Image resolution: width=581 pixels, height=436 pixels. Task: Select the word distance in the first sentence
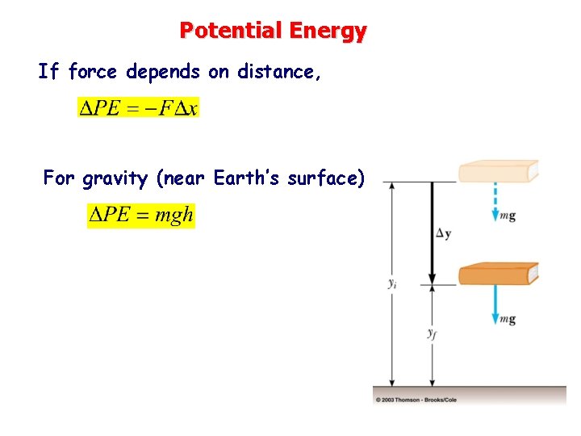coord(276,72)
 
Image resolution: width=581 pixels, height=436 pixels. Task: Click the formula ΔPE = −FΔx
coord(137,107)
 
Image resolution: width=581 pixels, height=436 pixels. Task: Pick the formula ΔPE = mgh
coord(140,216)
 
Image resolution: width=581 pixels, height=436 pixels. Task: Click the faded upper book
coord(497,172)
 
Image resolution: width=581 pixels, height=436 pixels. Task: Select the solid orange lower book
coord(497,275)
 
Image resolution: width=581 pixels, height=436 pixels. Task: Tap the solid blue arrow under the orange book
coord(495,305)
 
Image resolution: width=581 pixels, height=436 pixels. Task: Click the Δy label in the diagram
coord(443,233)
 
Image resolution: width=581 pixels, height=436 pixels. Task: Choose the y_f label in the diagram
coord(433,333)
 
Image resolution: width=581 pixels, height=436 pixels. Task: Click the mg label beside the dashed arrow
coord(508,216)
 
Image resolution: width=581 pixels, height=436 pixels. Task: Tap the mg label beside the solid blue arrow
coord(508,319)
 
